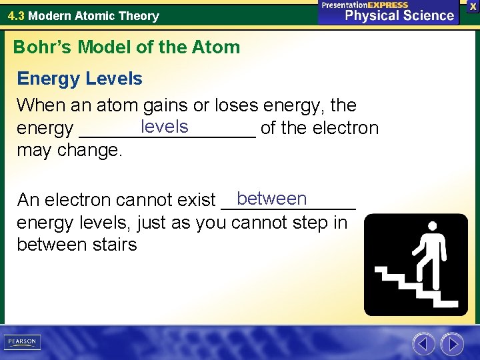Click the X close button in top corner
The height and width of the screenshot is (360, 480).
tap(472, 5)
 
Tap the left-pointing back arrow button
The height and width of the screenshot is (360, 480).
tap(423, 344)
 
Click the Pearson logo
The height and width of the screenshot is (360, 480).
tap(21, 342)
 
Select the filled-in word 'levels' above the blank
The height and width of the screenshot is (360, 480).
tap(165, 126)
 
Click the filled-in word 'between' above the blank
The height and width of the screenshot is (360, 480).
tap(271, 199)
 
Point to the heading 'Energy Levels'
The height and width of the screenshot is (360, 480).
tap(79, 79)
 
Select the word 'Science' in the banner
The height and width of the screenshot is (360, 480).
tap(427, 16)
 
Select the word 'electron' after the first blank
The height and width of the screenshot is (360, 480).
tap(346, 128)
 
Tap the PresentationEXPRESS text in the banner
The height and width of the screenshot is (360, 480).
tap(365, 5)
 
